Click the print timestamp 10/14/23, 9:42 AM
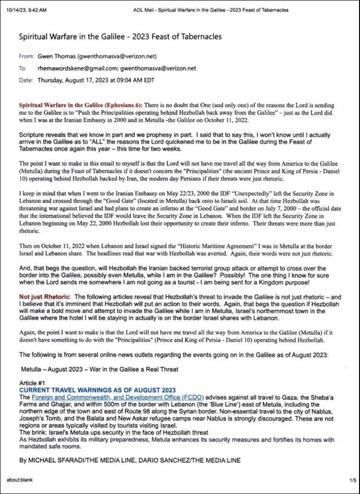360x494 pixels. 26,10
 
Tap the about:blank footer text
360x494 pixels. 18,480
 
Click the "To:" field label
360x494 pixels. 22,68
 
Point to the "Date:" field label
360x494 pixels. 26,80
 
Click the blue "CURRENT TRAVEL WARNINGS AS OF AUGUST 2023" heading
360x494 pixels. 98,390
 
